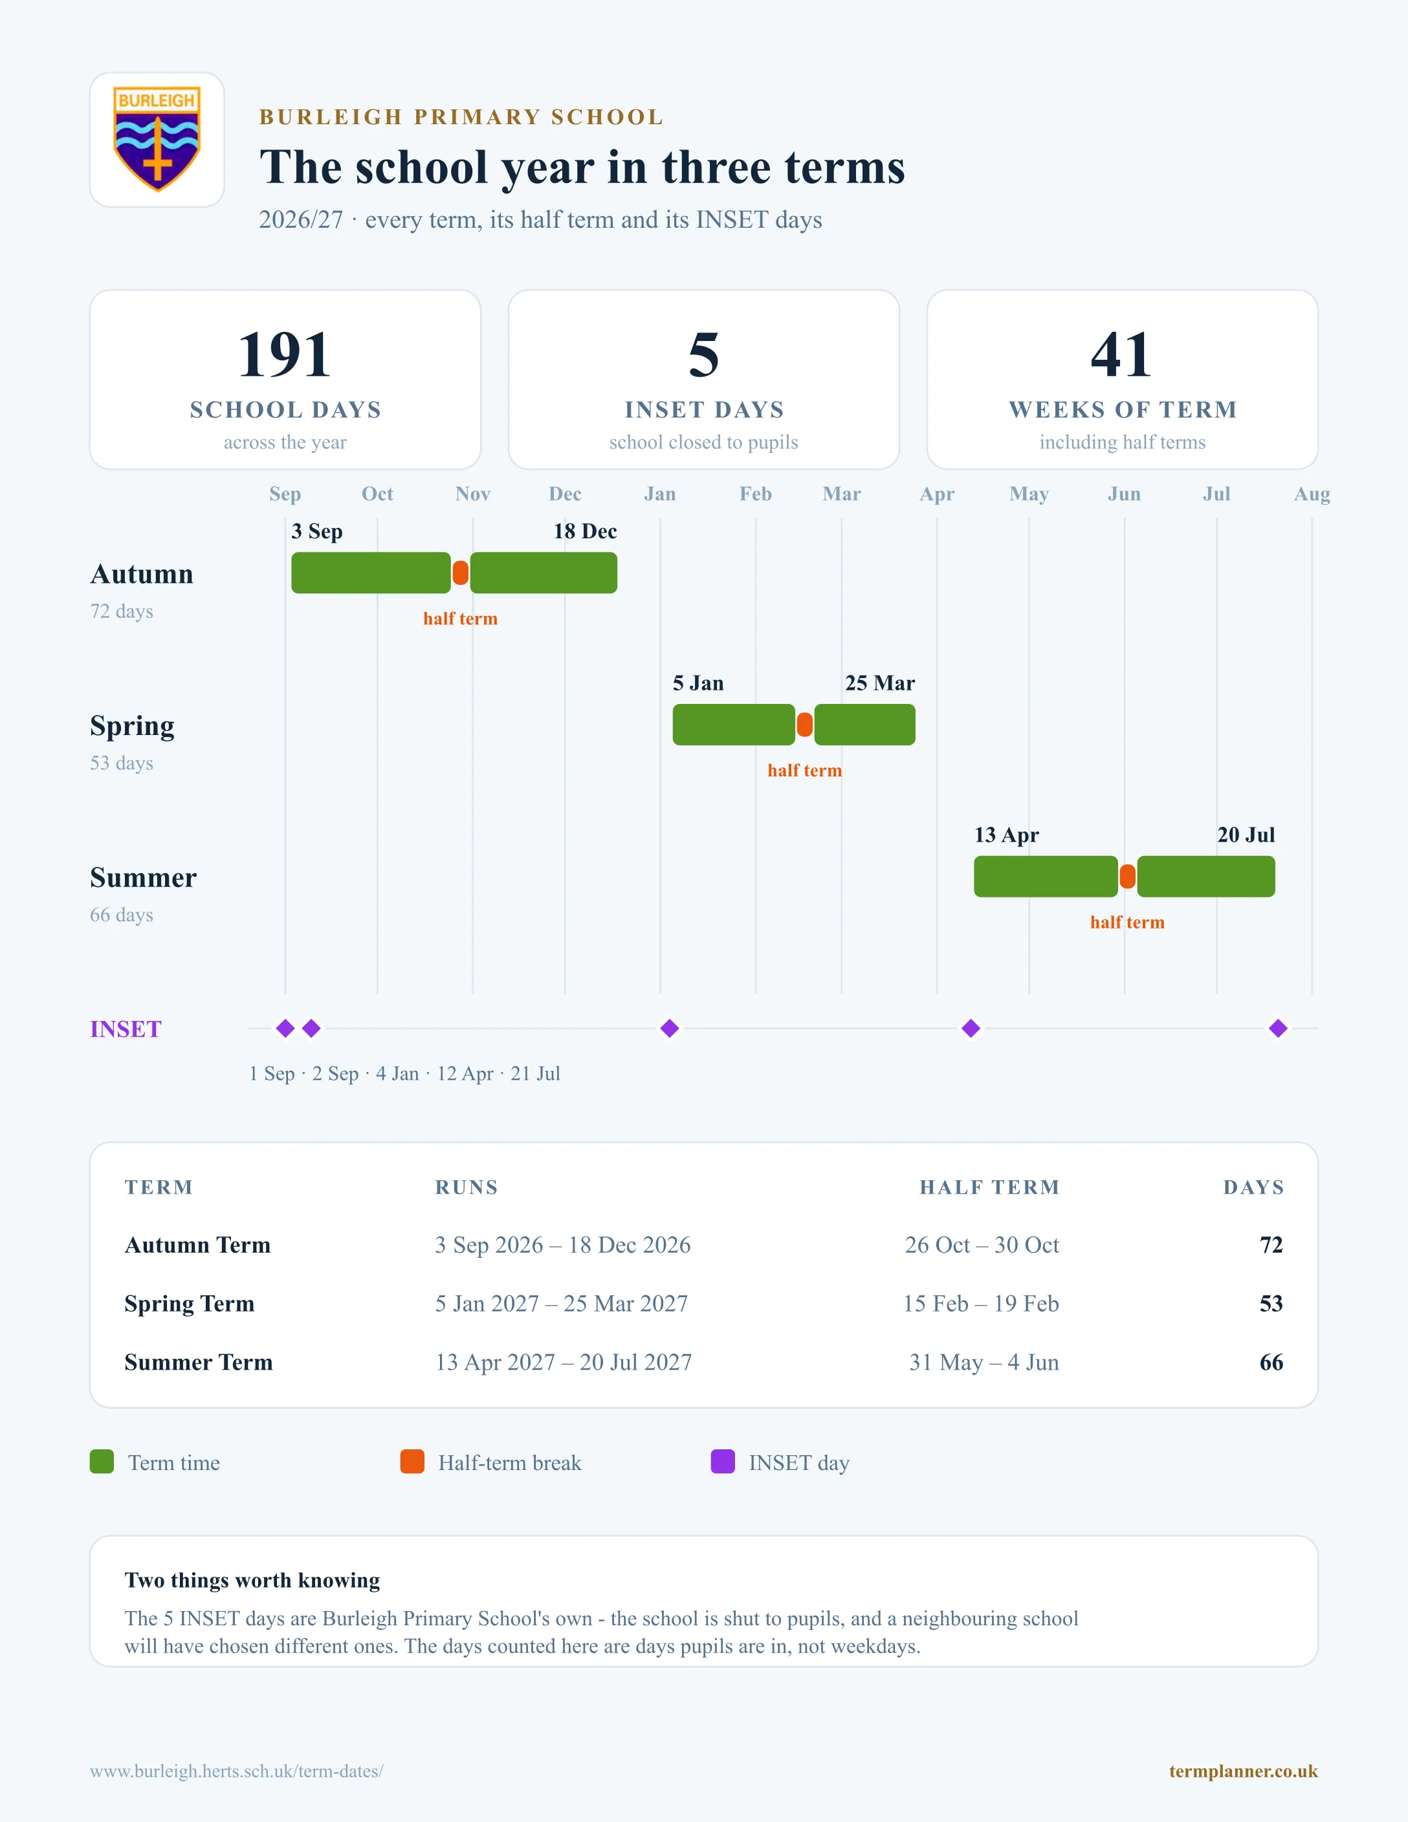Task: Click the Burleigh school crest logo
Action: coord(157,139)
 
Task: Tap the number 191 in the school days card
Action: coord(285,355)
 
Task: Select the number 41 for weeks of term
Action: coord(1122,355)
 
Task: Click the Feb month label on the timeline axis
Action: coord(755,494)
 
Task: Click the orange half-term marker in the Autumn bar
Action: coord(461,573)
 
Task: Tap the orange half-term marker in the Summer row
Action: coord(1127,877)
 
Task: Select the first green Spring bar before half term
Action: coord(734,725)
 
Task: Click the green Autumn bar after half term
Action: coord(544,573)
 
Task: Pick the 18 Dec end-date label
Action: coord(585,531)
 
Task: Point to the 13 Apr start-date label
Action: coord(1006,835)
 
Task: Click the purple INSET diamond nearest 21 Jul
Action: coord(1278,1029)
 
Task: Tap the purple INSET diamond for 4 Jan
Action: coord(669,1029)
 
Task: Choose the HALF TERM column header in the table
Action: coord(989,1187)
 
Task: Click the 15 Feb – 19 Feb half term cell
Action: coord(981,1303)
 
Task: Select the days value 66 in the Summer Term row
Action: coord(1271,1363)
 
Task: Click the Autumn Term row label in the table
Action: coord(198,1245)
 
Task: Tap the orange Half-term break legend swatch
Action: coord(412,1462)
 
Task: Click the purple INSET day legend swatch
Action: coord(722,1462)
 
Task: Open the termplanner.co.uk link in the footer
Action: coord(1243,1771)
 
